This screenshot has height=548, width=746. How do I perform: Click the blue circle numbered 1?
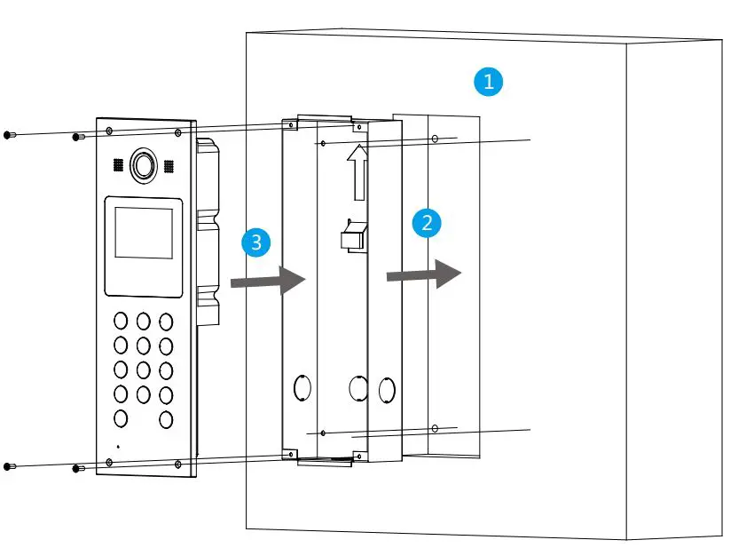[488, 83]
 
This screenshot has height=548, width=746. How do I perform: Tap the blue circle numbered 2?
[427, 222]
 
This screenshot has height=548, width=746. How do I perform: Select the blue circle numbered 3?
[256, 242]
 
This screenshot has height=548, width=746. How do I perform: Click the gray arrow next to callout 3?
[268, 281]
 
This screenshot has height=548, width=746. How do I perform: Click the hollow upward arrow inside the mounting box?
[357, 172]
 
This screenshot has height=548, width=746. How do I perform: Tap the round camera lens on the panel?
[143, 164]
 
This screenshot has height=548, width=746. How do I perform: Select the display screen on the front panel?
[144, 228]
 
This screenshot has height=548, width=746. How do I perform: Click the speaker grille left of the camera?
[117, 166]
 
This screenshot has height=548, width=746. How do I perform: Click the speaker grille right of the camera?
[169, 166]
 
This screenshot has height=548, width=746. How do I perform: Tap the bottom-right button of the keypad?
[166, 419]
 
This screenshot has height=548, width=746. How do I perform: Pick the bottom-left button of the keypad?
[121, 418]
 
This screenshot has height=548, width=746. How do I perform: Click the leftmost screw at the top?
[8, 134]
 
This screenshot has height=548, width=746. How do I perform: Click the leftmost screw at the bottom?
[8, 466]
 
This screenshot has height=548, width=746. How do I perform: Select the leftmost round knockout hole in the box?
[301, 388]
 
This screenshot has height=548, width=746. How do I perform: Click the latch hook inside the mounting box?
[351, 235]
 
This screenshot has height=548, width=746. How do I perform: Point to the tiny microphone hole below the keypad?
[118, 445]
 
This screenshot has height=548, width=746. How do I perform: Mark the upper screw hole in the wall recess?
[435, 139]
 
